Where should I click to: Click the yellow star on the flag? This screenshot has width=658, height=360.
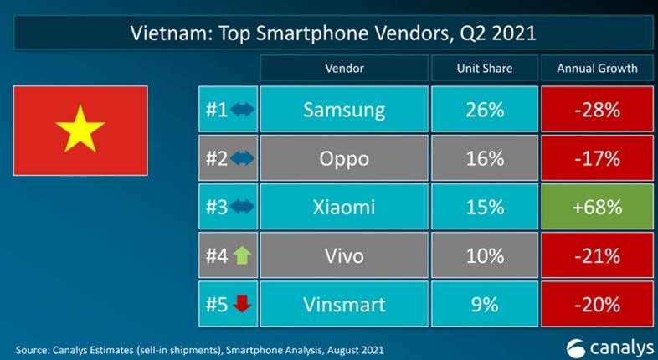(80, 130)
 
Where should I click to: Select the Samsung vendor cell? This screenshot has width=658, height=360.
(343, 110)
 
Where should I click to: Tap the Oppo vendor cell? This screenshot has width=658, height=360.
(343, 158)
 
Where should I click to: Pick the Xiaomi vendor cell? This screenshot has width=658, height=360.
(343, 207)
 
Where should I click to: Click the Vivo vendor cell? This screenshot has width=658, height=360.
(343, 255)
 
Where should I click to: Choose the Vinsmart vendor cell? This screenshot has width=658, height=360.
(343, 304)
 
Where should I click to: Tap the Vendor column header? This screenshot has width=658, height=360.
(343, 68)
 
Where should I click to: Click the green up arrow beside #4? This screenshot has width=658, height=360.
(241, 255)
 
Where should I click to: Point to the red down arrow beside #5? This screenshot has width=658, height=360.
(241, 304)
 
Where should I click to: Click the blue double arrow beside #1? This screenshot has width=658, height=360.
(241, 110)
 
